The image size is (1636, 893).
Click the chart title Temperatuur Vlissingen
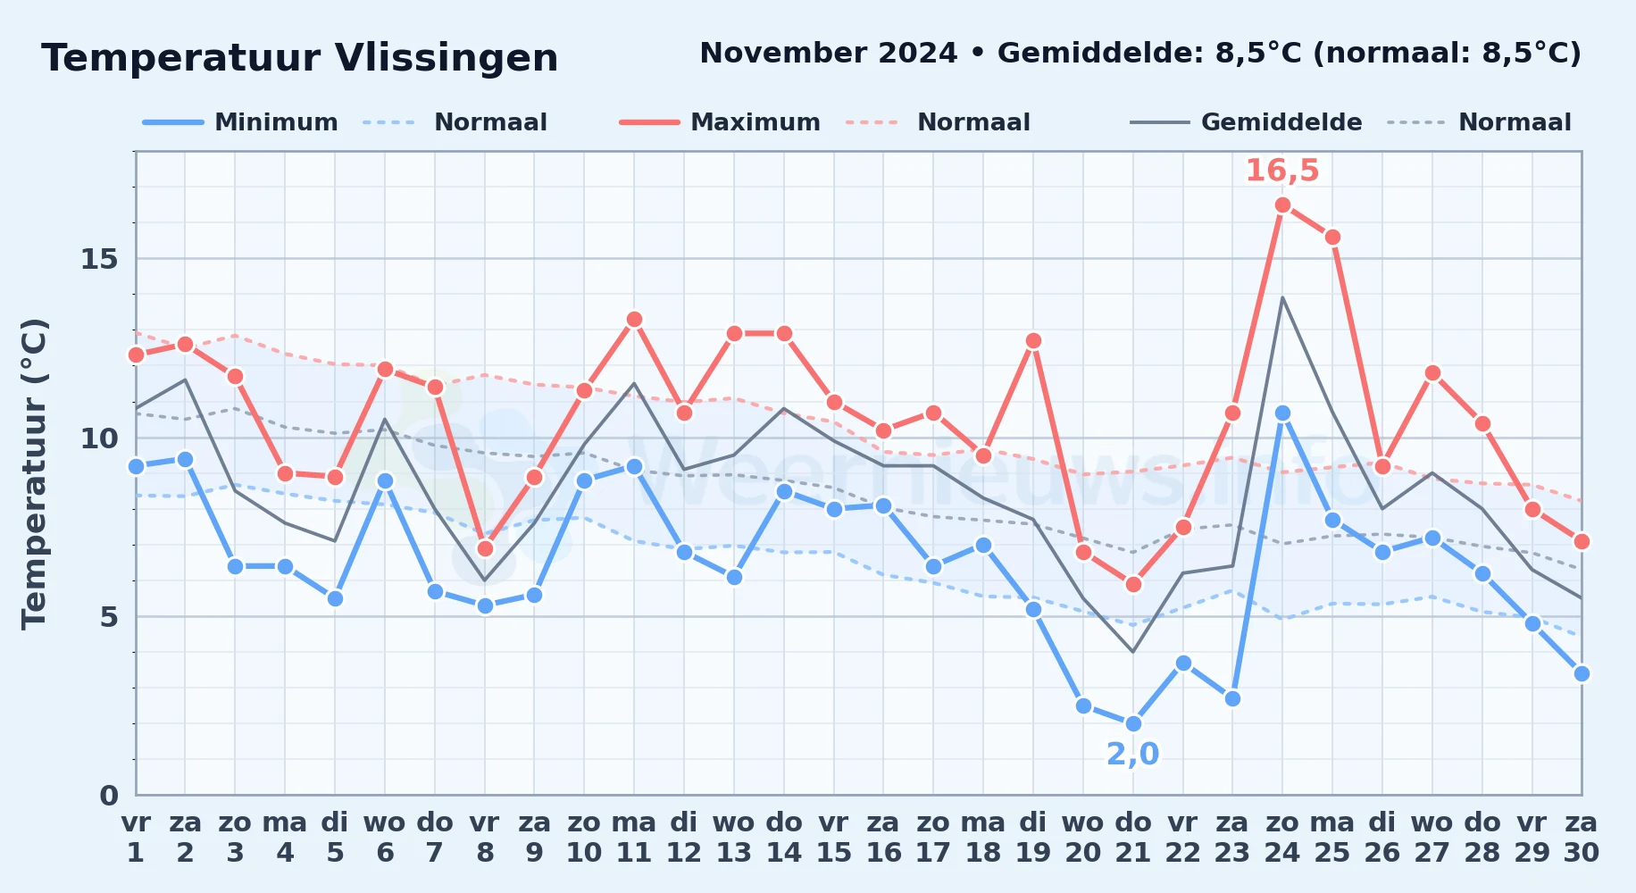(x=300, y=58)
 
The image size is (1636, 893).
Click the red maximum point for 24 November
(x=1282, y=205)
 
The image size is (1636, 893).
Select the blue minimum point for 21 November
(x=1133, y=723)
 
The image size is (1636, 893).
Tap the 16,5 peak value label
(x=1282, y=171)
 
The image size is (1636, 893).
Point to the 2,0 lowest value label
(x=1133, y=755)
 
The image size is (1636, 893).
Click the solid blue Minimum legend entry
(x=240, y=122)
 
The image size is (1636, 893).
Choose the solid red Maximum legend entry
(x=720, y=122)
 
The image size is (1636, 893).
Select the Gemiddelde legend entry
(x=1247, y=122)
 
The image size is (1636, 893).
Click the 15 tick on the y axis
(x=99, y=259)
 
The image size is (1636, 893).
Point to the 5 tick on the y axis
(x=109, y=617)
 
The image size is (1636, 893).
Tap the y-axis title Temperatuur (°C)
(x=34, y=473)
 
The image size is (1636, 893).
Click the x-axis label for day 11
(x=634, y=838)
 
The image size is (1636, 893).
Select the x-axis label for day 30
(x=1582, y=838)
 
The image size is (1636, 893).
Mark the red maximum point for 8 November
(x=485, y=548)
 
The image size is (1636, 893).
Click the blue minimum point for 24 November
(x=1282, y=413)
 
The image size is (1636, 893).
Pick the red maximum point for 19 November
(x=1033, y=341)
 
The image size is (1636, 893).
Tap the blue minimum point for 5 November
(x=335, y=598)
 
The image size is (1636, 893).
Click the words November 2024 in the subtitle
(x=829, y=54)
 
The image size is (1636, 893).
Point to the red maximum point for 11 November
(x=634, y=320)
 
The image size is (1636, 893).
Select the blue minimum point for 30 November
(x=1582, y=673)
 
